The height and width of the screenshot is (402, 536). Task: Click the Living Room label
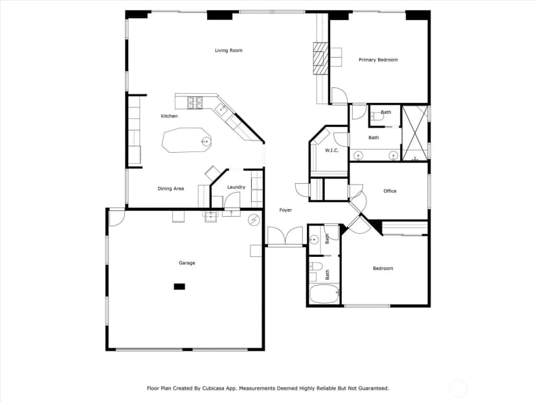point(229,50)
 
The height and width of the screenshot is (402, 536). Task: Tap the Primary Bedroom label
point(378,60)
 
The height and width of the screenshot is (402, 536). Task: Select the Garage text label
point(187,263)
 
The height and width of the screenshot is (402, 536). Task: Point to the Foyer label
point(285,210)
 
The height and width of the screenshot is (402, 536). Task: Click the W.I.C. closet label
point(331,150)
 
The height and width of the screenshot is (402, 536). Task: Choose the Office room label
point(390,191)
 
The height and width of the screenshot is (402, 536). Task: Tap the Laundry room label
point(236,187)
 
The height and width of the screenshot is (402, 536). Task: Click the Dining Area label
point(171,188)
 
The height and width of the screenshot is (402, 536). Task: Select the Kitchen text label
point(169,117)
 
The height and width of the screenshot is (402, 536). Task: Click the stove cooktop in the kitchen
point(194,103)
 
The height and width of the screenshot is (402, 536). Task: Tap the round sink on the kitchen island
point(206,141)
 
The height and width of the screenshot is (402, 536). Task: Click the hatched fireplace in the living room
point(320,58)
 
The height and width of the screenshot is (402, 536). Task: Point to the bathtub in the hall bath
point(324,294)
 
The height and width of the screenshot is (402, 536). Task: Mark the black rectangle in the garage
point(179,287)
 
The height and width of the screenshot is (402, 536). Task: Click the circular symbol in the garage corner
point(254,220)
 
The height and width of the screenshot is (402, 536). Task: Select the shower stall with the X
point(415,133)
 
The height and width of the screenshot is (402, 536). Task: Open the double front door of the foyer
point(285,236)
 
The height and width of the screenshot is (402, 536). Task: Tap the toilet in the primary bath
point(377,117)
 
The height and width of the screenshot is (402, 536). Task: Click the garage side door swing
point(117,218)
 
